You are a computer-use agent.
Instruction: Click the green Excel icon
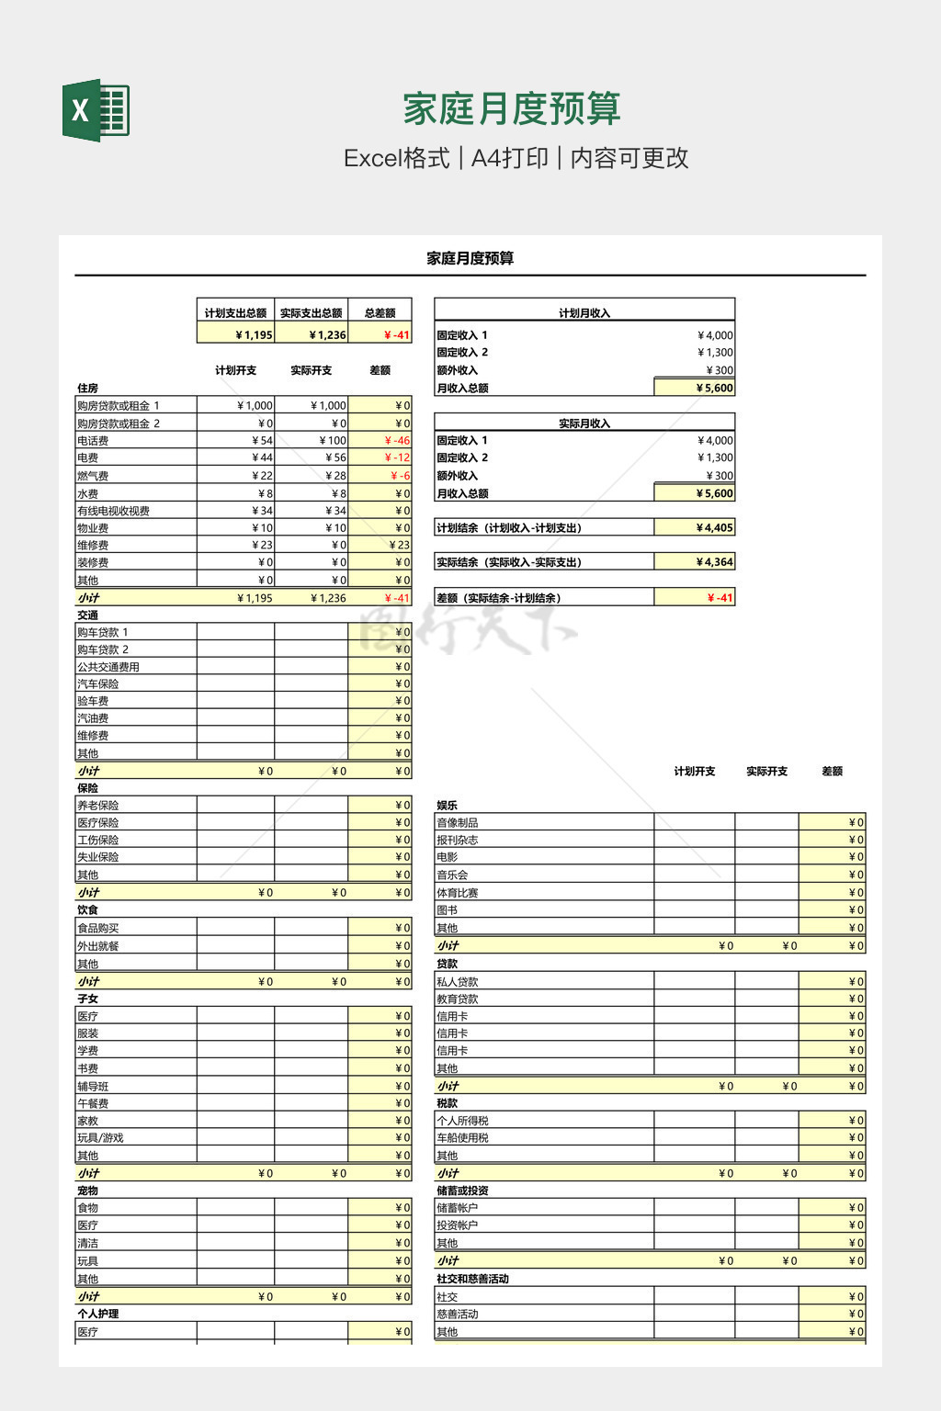coord(96,110)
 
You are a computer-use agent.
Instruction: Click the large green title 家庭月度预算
coord(512,109)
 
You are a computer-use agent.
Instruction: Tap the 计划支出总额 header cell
coord(235,313)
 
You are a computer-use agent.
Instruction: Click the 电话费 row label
coord(93,441)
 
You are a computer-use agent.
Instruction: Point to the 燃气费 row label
coord(93,476)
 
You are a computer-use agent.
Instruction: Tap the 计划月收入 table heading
coord(584,313)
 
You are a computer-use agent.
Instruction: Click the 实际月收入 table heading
coord(584,423)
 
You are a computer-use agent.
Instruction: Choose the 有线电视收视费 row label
coord(113,511)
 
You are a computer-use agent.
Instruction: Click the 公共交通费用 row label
coord(108,667)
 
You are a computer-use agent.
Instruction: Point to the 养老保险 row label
coord(98,806)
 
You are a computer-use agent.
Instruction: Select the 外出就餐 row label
coord(98,946)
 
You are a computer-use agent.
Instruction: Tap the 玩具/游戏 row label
coord(100,1138)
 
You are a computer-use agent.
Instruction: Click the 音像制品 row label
coord(458,823)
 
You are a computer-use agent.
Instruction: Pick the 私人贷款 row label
coord(458,982)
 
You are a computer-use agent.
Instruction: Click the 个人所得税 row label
coord(462,1121)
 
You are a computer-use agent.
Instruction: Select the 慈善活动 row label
coord(458,1315)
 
